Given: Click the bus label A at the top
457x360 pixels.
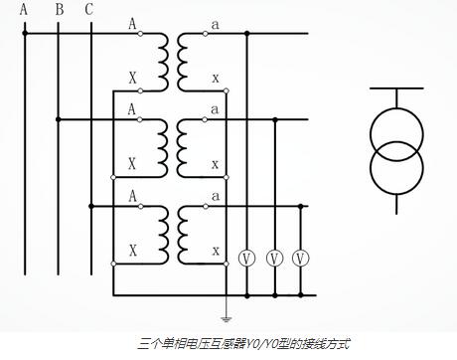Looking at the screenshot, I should [25, 11].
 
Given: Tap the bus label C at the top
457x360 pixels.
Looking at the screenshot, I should [90, 11].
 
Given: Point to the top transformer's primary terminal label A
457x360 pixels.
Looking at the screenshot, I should [131, 22].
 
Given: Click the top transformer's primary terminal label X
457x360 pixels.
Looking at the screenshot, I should [131, 78].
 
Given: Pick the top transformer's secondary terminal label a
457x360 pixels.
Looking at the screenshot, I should [216, 22].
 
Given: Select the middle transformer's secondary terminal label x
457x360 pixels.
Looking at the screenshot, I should [216, 164].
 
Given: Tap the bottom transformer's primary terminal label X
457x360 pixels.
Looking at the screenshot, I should [131, 250].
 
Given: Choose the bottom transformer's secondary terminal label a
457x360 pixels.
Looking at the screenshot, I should [216, 195].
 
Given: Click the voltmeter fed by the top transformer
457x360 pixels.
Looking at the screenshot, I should [247, 259].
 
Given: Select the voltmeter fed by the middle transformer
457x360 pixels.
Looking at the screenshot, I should [274, 259].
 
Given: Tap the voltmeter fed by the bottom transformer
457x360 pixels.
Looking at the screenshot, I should [301, 259].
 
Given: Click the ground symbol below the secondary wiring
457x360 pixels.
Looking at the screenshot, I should [228, 317].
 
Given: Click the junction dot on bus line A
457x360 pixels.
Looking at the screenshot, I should [25, 34].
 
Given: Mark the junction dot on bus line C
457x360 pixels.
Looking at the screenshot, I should [90, 206].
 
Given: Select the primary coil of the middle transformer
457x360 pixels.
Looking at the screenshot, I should [158, 143].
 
